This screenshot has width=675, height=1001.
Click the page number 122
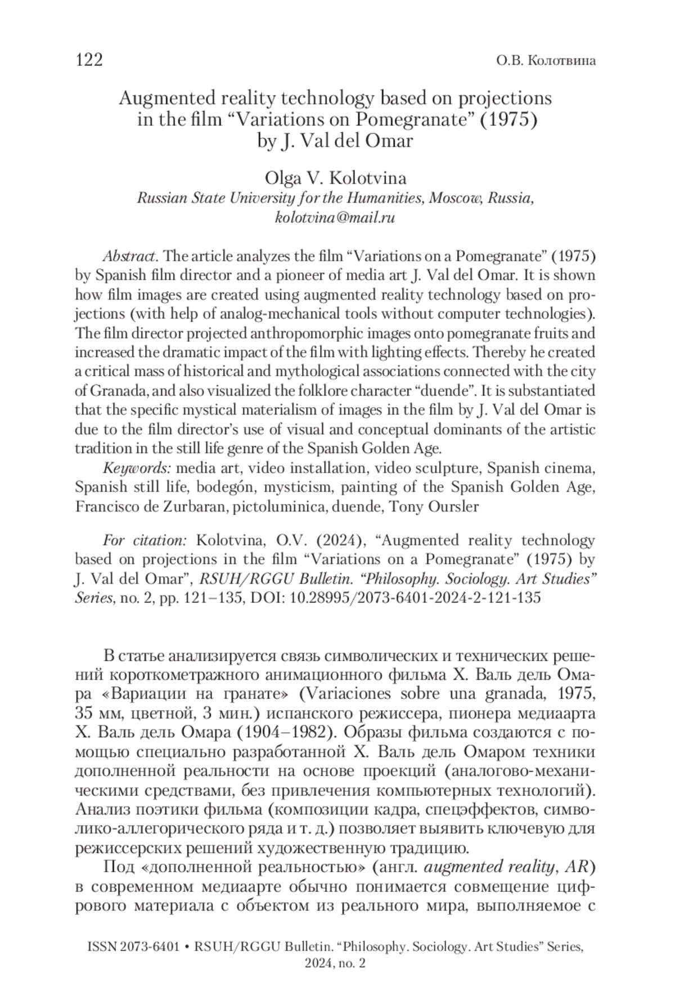(x=89, y=60)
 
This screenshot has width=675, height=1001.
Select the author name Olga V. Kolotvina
(x=335, y=178)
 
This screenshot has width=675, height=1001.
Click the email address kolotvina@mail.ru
(x=335, y=218)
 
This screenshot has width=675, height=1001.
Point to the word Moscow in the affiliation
(x=456, y=199)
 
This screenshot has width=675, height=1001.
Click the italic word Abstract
(x=129, y=256)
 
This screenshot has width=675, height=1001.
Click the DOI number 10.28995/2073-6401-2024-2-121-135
(x=415, y=598)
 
